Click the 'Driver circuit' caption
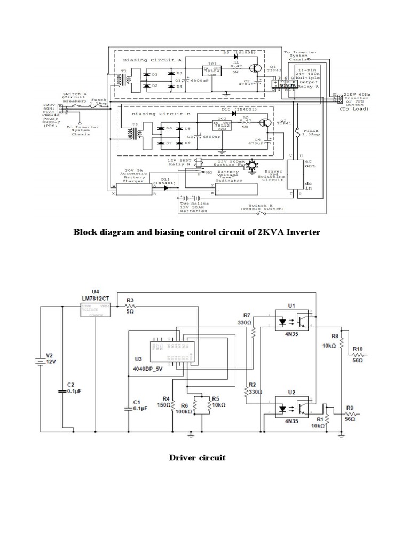click(197, 458)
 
